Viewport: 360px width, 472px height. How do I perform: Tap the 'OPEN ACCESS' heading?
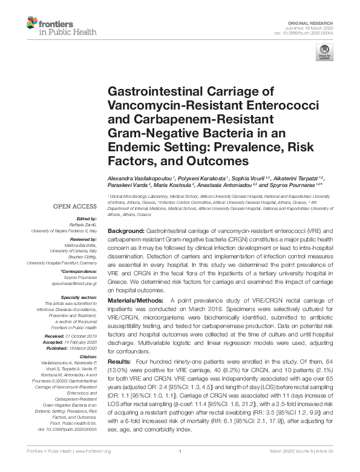[x=74, y=206]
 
